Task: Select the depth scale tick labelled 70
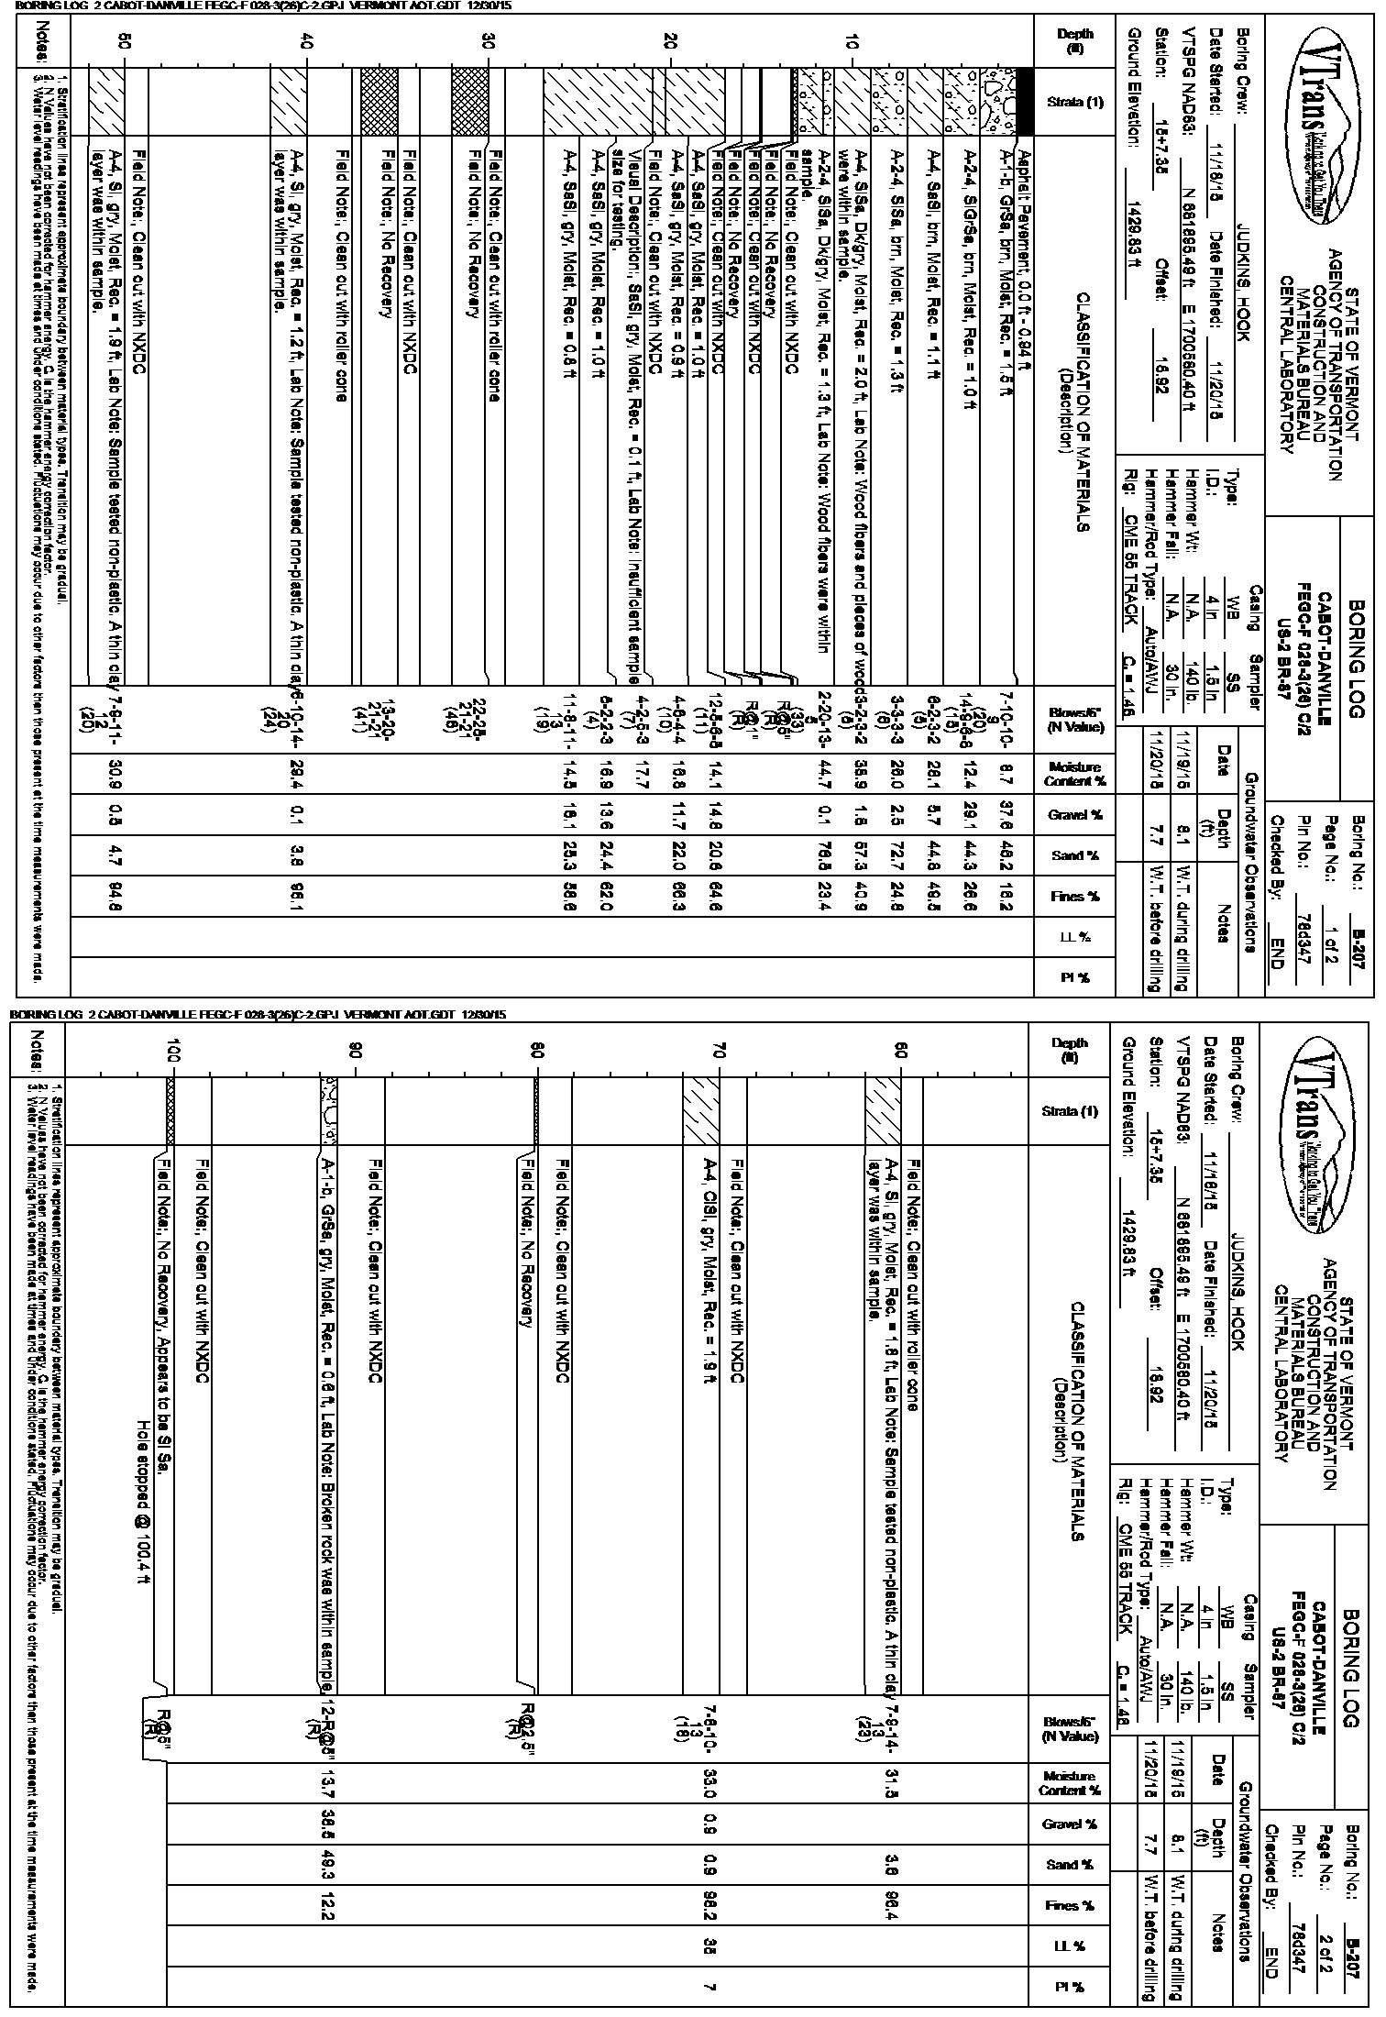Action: click(x=720, y=1049)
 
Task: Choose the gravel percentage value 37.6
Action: click(x=1005, y=815)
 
